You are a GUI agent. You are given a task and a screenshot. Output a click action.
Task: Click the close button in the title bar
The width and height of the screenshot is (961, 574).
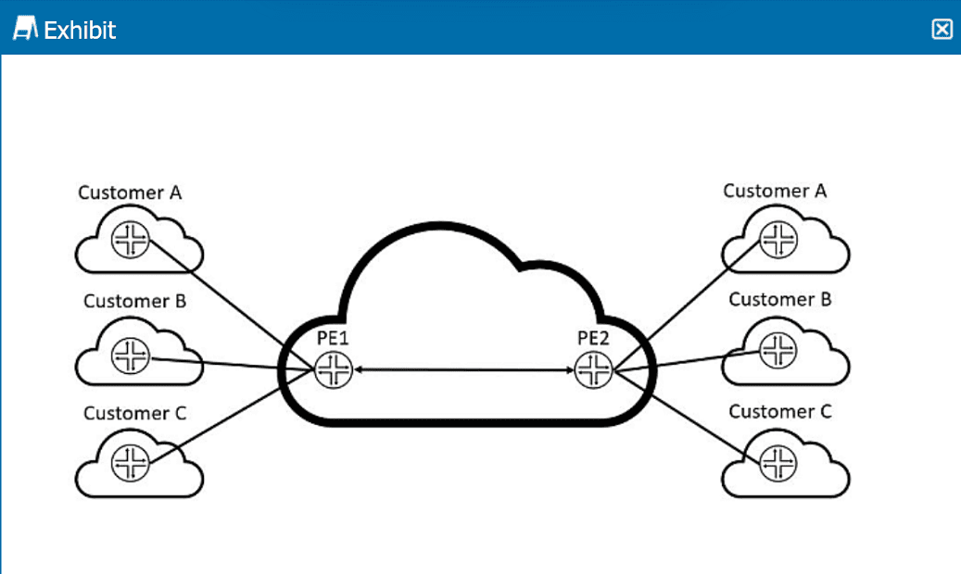942,30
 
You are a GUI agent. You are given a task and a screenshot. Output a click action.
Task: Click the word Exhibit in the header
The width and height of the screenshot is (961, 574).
80,30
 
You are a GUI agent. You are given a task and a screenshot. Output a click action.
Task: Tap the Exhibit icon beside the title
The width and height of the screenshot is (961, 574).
25,30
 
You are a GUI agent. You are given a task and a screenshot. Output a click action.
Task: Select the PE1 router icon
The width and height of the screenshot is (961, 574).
333,370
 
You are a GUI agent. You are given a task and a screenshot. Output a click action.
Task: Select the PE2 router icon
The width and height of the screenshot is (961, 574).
592,370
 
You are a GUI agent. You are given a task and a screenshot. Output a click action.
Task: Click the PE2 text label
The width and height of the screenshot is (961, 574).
593,339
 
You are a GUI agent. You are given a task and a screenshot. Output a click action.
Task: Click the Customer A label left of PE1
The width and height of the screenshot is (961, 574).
130,193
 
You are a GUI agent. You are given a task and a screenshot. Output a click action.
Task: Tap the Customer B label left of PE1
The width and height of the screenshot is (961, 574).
135,301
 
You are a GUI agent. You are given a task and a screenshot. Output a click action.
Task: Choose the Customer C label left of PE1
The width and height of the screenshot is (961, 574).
135,413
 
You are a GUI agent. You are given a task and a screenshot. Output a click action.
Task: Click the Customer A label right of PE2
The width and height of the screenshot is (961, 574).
775,191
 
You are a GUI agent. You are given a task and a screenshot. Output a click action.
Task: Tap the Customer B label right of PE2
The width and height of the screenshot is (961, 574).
780,299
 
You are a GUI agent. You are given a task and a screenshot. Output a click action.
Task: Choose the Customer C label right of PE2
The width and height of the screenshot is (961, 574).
780,411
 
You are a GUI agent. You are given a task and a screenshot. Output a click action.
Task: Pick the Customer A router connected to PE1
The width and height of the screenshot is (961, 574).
130,241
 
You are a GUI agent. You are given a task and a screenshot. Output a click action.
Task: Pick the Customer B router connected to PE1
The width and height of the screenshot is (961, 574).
130,355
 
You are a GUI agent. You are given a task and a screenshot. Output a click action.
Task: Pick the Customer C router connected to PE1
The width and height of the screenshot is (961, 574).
130,461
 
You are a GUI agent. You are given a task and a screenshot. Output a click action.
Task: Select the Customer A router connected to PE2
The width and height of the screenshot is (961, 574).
778,240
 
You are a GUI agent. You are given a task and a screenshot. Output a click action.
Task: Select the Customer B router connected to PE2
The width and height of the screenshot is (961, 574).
778,349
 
